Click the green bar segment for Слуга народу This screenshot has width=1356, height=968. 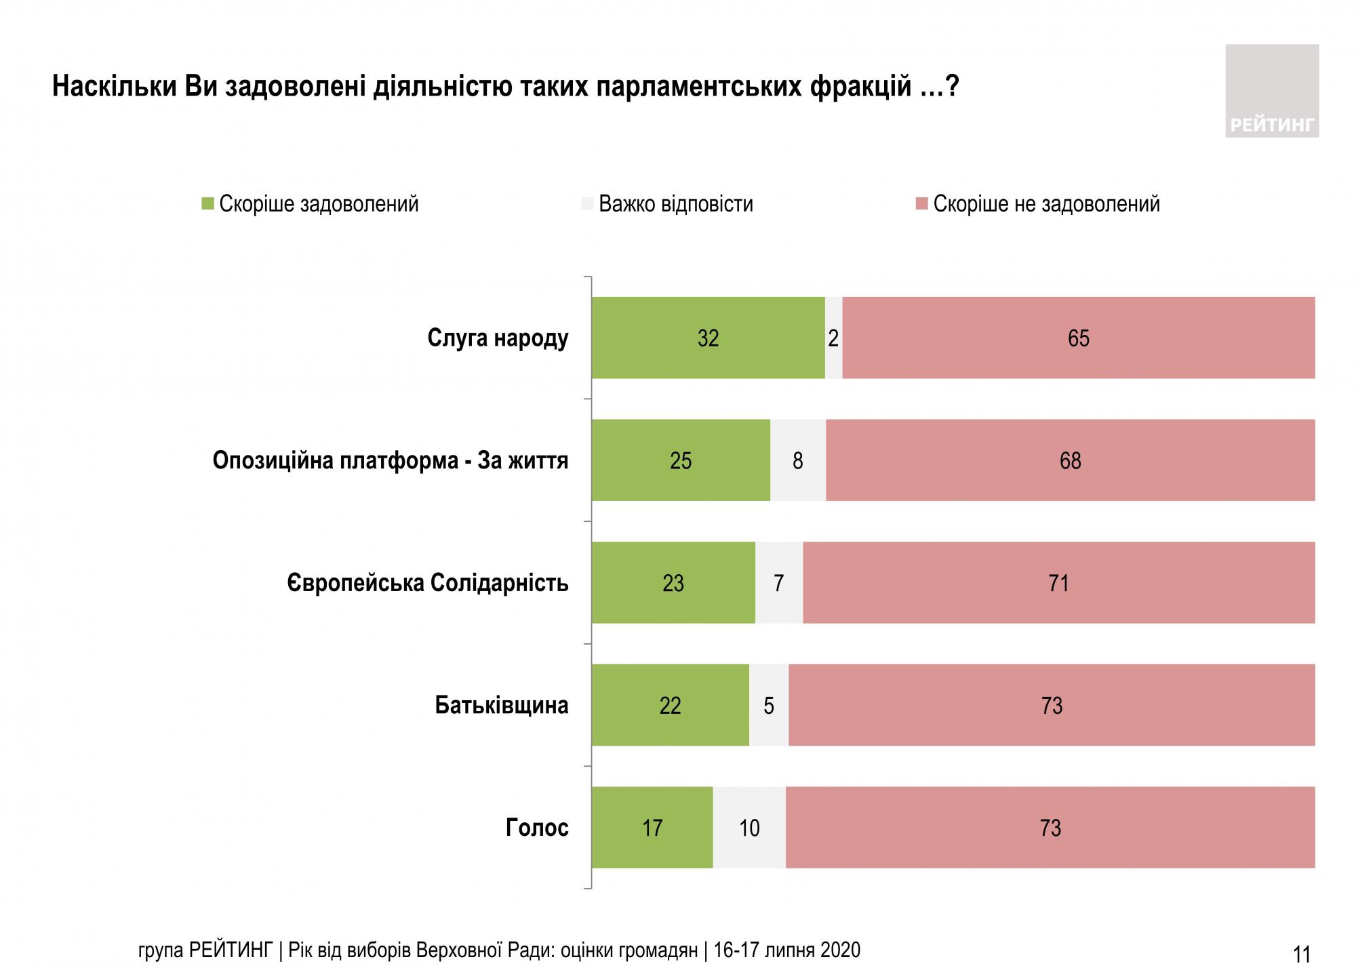click(708, 338)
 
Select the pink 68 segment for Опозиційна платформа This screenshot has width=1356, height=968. click(1070, 460)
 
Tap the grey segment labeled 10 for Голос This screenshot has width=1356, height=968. click(749, 828)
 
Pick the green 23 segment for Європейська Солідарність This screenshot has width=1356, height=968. click(673, 583)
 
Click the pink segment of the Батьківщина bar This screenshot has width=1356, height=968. click(1052, 706)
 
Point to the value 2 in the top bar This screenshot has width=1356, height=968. click(833, 338)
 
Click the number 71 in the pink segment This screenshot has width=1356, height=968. click(1058, 583)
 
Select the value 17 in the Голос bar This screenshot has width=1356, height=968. click(652, 828)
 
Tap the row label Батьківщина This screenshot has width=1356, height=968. click(501, 706)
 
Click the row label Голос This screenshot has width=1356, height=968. click(536, 828)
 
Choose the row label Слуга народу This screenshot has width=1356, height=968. click(498, 338)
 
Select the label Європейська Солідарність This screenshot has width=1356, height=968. click(428, 583)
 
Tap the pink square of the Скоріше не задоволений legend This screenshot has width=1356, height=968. click(921, 204)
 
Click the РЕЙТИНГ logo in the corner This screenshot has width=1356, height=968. click(1271, 92)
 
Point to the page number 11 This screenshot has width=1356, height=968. click(1301, 954)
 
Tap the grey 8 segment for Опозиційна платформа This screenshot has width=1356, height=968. click(798, 460)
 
